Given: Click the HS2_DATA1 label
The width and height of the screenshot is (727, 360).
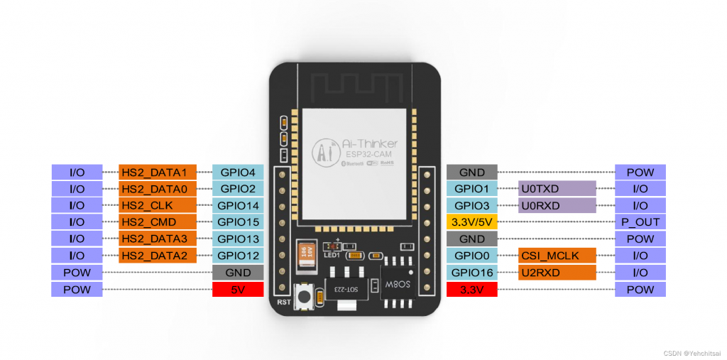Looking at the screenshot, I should (x=154, y=172).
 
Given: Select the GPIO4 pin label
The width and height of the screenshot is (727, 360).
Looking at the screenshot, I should (x=238, y=172).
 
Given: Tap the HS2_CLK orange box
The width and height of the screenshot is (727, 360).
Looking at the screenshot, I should (x=154, y=205).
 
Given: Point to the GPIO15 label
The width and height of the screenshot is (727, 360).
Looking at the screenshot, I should (x=238, y=222).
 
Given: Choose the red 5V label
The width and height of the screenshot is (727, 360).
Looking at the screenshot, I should (x=238, y=289).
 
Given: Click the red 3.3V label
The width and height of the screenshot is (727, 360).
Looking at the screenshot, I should (x=471, y=289).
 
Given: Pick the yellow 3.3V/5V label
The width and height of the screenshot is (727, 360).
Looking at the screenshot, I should (x=471, y=222).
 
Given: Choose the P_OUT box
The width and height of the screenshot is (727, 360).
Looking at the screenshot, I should (x=640, y=222).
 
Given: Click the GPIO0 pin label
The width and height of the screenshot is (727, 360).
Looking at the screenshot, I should (x=471, y=256).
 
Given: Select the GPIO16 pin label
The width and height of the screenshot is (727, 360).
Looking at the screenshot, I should (x=471, y=273).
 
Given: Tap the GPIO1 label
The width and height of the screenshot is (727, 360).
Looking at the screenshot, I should (x=471, y=189).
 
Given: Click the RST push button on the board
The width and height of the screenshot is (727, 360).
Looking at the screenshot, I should (x=305, y=297).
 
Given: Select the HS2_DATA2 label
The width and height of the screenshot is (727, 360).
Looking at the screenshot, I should (x=154, y=256).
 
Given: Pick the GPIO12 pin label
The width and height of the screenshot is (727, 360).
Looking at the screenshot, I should (x=238, y=256).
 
